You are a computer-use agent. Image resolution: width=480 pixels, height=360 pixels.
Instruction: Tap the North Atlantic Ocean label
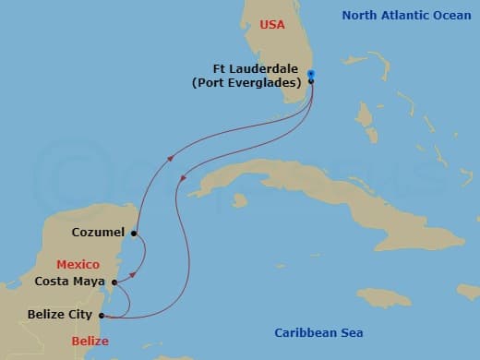pyautogui.click(x=407, y=15)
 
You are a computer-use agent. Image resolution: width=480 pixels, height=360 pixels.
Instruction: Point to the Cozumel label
pyautogui.click(x=100, y=233)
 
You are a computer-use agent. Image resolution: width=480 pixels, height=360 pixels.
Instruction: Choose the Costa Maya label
pyautogui.click(x=70, y=282)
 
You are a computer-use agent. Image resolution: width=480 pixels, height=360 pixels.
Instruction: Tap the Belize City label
pyautogui.click(x=59, y=315)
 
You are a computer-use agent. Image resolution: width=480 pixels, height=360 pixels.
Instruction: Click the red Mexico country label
pyautogui.click(x=78, y=264)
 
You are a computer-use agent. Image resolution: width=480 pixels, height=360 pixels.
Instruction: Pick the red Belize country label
pyautogui.click(x=90, y=342)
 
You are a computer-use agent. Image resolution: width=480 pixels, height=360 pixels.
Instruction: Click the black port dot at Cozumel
pyautogui.click(x=134, y=234)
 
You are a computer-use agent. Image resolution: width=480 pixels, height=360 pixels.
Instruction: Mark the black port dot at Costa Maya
pyautogui.click(x=114, y=282)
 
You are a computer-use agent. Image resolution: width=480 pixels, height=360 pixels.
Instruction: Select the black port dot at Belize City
pyautogui.click(x=101, y=316)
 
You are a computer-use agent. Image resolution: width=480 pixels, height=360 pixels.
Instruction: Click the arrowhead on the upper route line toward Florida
pyautogui.click(x=169, y=160)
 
